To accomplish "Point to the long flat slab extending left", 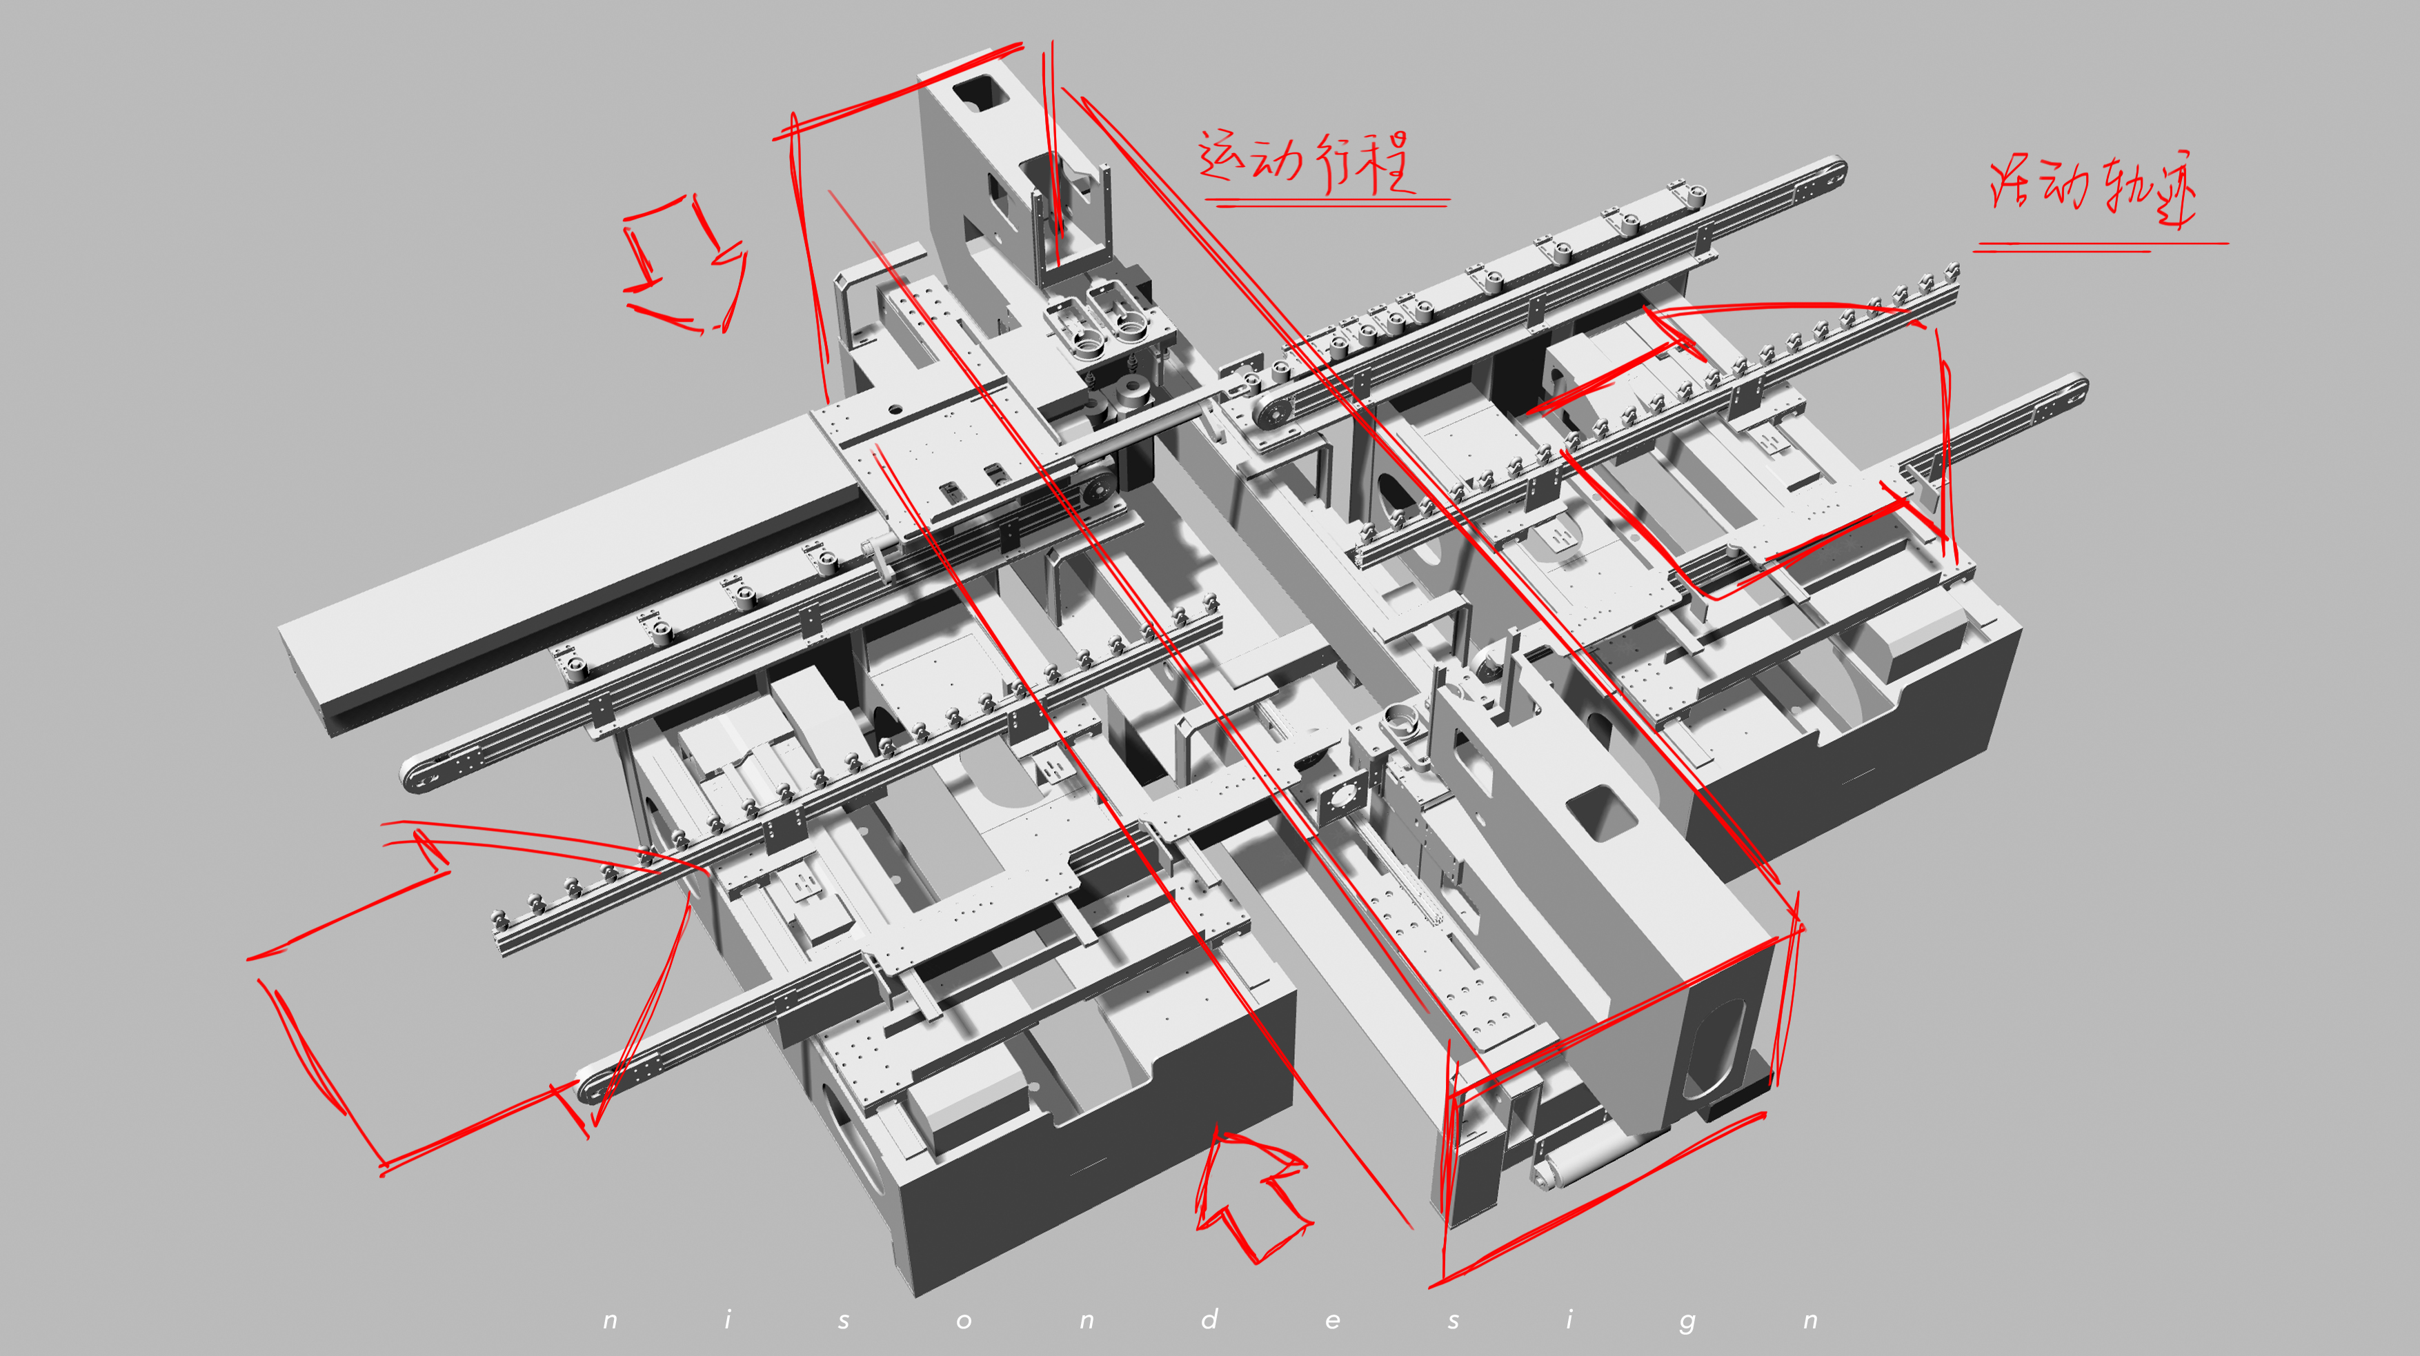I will click(564, 573).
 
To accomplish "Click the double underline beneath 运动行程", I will click(1327, 201).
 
